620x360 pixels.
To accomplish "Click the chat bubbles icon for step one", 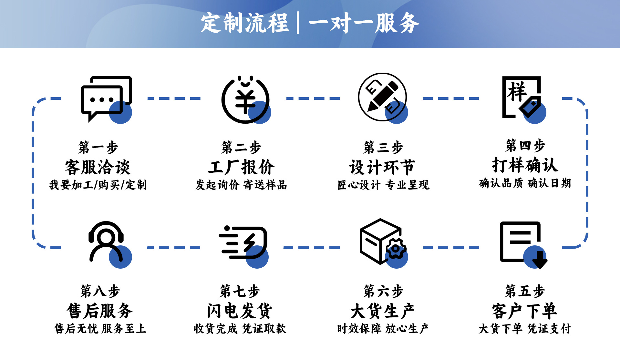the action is [106, 99].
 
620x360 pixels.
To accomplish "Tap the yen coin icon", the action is [245, 100].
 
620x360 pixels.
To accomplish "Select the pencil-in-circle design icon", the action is [383, 97].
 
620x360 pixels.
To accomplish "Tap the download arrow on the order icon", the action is [539, 260].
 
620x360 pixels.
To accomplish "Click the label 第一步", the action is [98, 148].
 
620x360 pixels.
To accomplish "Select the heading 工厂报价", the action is [241, 167].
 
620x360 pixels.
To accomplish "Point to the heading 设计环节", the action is [382, 167].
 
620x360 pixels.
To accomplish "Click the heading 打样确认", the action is [525, 165].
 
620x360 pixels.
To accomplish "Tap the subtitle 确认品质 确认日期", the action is [525, 183].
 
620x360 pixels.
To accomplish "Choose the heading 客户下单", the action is [524, 311].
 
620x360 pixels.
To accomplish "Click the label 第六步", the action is [383, 291].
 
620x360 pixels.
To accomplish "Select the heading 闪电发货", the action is [240, 311].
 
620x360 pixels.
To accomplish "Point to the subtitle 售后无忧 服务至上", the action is [100, 329].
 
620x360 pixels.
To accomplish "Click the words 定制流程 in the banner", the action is [244, 23].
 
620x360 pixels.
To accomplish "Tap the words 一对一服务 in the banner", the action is [364, 23].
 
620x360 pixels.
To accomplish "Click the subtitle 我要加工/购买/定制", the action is [98, 185].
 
